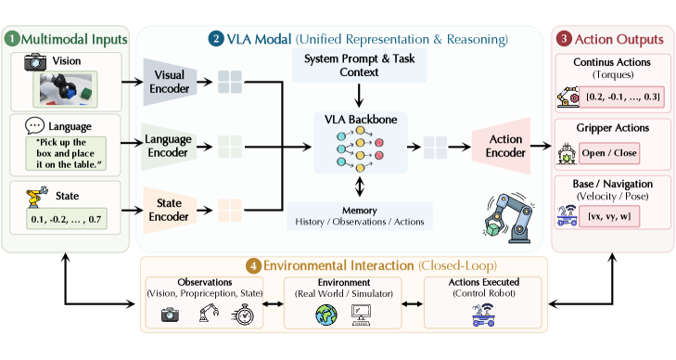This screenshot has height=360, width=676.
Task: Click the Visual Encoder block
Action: pyautogui.click(x=170, y=82)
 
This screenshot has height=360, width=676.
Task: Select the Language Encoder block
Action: pyautogui.click(x=169, y=147)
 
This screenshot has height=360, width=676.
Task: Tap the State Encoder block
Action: pyautogui.click(x=170, y=210)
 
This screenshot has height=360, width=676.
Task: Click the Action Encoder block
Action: pyautogui.click(x=503, y=146)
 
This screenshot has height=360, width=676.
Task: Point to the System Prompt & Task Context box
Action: pyautogui.click(x=359, y=65)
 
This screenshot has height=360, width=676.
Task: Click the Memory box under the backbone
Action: pyautogui.click(x=360, y=216)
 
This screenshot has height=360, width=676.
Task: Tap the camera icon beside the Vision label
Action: pyautogui.click(x=35, y=62)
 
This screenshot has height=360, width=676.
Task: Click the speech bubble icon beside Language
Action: pyautogui.click(x=34, y=126)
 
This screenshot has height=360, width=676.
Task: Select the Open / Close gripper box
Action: pyautogui.click(x=609, y=153)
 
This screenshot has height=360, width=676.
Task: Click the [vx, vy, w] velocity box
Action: pyautogui.click(x=609, y=216)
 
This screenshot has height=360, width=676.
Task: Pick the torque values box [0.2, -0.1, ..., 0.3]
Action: pyautogui.click(x=622, y=97)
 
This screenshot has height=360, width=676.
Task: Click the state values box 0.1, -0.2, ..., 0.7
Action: pyautogui.click(x=67, y=219)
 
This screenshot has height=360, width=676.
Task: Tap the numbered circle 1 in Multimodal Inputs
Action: pyautogui.click(x=12, y=39)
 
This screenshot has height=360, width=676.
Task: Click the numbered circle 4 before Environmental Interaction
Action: pyautogui.click(x=253, y=266)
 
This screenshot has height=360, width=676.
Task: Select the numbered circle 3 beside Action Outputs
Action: pyautogui.click(x=564, y=39)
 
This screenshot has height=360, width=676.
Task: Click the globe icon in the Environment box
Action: pyautogui.click(x=326, y=315)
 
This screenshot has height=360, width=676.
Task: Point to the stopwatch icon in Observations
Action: pyautogui.click(x=243, y=315)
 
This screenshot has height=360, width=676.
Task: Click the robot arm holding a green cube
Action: pyautogui.click(x=508, y=218)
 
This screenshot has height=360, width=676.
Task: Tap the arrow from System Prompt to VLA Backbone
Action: pyautogui.click(x=359, y=96)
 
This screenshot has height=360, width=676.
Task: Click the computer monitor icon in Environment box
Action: pyautogui.click(x=361, y=315)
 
